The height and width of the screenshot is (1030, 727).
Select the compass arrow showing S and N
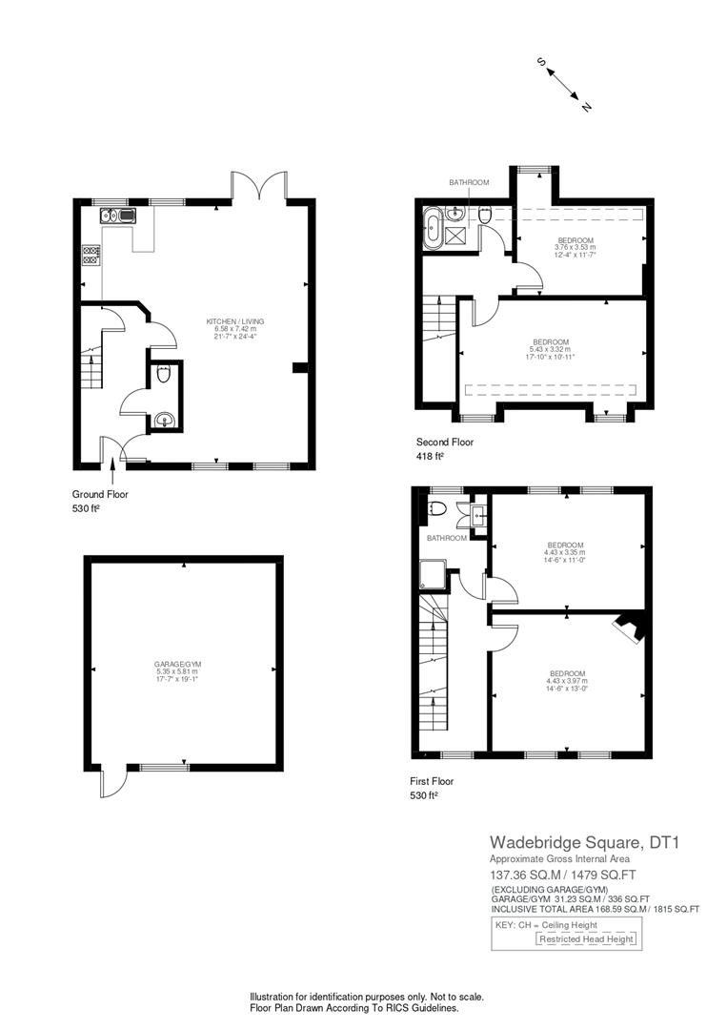(564, 84)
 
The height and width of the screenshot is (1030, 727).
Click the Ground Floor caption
(100, 494)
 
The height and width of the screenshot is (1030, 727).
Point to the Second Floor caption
(445, 442)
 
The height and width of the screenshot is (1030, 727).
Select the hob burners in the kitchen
(92, 256)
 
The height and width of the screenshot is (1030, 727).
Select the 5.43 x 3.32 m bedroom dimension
(551, 350)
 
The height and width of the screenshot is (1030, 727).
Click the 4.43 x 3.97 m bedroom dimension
(566, 681)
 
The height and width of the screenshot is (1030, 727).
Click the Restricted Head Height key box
(586, 938)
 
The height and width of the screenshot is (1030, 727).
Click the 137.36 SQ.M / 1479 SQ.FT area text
(570, 874)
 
